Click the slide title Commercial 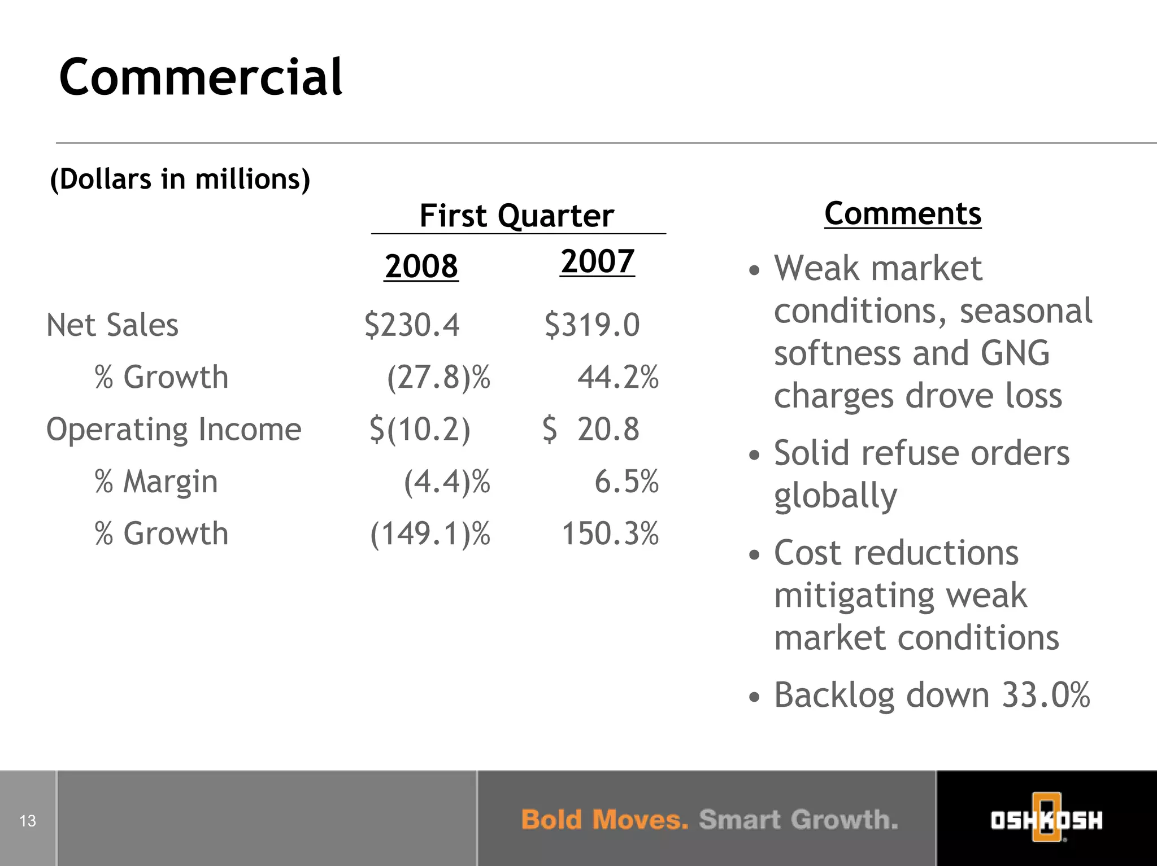201,77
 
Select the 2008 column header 421,265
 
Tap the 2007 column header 598,261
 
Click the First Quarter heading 516,216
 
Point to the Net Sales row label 112,325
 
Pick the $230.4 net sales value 412,325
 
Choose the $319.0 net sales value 592,325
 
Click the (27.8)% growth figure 438,377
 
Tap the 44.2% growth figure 617,377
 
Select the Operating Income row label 173,430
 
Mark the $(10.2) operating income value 419,430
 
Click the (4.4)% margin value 447,482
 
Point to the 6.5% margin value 626,482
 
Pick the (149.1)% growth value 430,533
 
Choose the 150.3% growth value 610,533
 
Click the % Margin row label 156,482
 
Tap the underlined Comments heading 903,213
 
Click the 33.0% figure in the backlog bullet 1046,694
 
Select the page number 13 28,821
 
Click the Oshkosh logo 1046,820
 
